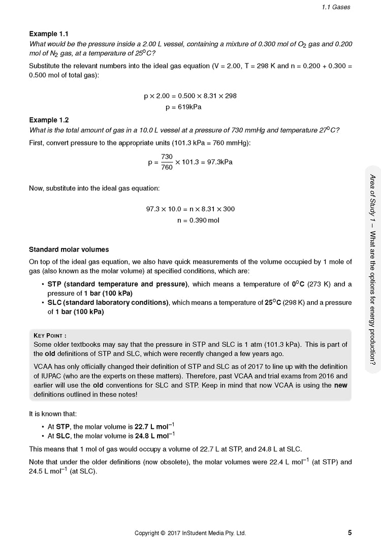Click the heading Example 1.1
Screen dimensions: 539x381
49,34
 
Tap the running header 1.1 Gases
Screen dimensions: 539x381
336,7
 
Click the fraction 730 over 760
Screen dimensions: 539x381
167,162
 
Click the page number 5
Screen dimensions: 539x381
350,532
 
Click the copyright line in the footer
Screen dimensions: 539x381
190,533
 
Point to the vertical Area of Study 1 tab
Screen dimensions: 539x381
372,269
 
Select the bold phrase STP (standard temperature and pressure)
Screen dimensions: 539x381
117,284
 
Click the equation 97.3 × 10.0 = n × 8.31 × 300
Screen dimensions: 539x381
190,209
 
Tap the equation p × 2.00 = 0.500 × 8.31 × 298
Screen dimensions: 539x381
190,96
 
